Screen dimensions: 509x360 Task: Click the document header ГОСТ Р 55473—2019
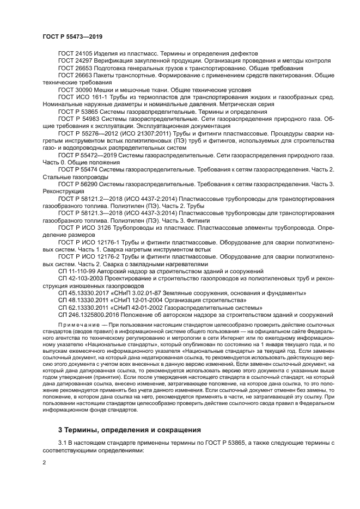[x=72, y=36]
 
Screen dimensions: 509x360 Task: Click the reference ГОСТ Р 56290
[x=80, y=184]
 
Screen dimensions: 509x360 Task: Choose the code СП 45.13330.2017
[x=83, y=293]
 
